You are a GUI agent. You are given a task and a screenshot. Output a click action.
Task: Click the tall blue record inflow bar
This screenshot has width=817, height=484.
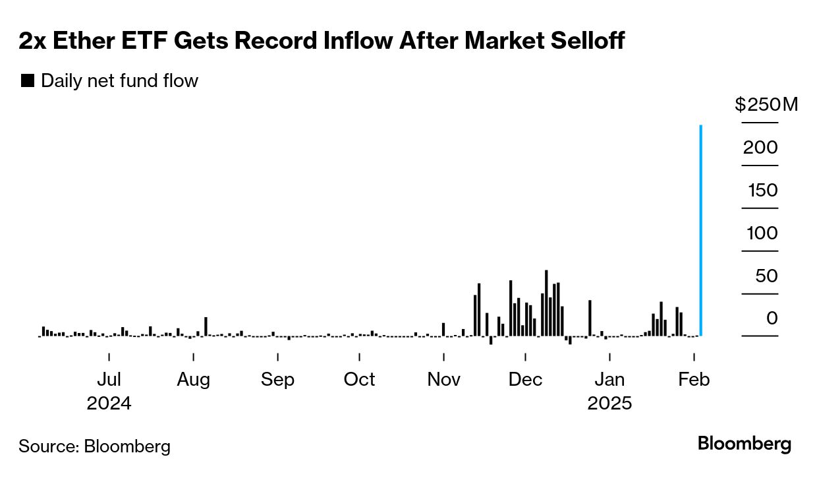[700, 231]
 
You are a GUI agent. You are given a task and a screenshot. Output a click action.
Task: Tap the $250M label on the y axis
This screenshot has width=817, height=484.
[766, 105]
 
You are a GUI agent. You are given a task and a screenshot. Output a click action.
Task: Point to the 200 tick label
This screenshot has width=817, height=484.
[760, 148]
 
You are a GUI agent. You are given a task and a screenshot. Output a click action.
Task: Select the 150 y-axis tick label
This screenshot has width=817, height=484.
[762, 191]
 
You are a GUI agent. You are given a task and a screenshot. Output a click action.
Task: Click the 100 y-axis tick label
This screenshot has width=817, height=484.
[762, 233]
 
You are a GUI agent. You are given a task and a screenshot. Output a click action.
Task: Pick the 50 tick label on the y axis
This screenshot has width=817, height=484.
[766, 276]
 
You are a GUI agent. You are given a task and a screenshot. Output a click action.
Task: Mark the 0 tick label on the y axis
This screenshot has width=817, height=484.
[771, 319]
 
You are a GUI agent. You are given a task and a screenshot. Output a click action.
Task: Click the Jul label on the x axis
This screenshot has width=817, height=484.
[109, 380]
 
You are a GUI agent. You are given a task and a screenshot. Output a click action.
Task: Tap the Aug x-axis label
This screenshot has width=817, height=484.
[193, 380]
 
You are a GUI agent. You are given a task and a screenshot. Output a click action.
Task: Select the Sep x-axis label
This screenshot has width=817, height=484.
[277, 380]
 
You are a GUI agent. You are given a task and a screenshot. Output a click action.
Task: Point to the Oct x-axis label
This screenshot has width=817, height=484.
[359, 380]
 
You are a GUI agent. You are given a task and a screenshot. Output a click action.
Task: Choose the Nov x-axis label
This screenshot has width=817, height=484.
[443, 380]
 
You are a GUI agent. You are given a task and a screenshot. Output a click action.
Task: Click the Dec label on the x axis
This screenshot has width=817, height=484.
[525, 380]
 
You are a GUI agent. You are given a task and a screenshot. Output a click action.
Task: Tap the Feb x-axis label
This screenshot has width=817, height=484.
[694, 380]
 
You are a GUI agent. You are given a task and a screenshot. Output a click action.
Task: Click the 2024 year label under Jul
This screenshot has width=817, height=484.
[109, 404]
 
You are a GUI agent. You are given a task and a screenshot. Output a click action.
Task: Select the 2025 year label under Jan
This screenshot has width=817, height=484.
[609, 404]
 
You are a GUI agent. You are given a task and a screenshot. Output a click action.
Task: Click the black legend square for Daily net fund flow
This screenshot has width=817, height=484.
[28, 81]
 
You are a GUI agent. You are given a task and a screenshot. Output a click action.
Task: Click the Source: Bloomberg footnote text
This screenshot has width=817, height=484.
[94, 446]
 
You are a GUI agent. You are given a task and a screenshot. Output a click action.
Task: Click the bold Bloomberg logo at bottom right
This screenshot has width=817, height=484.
[745, 444]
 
